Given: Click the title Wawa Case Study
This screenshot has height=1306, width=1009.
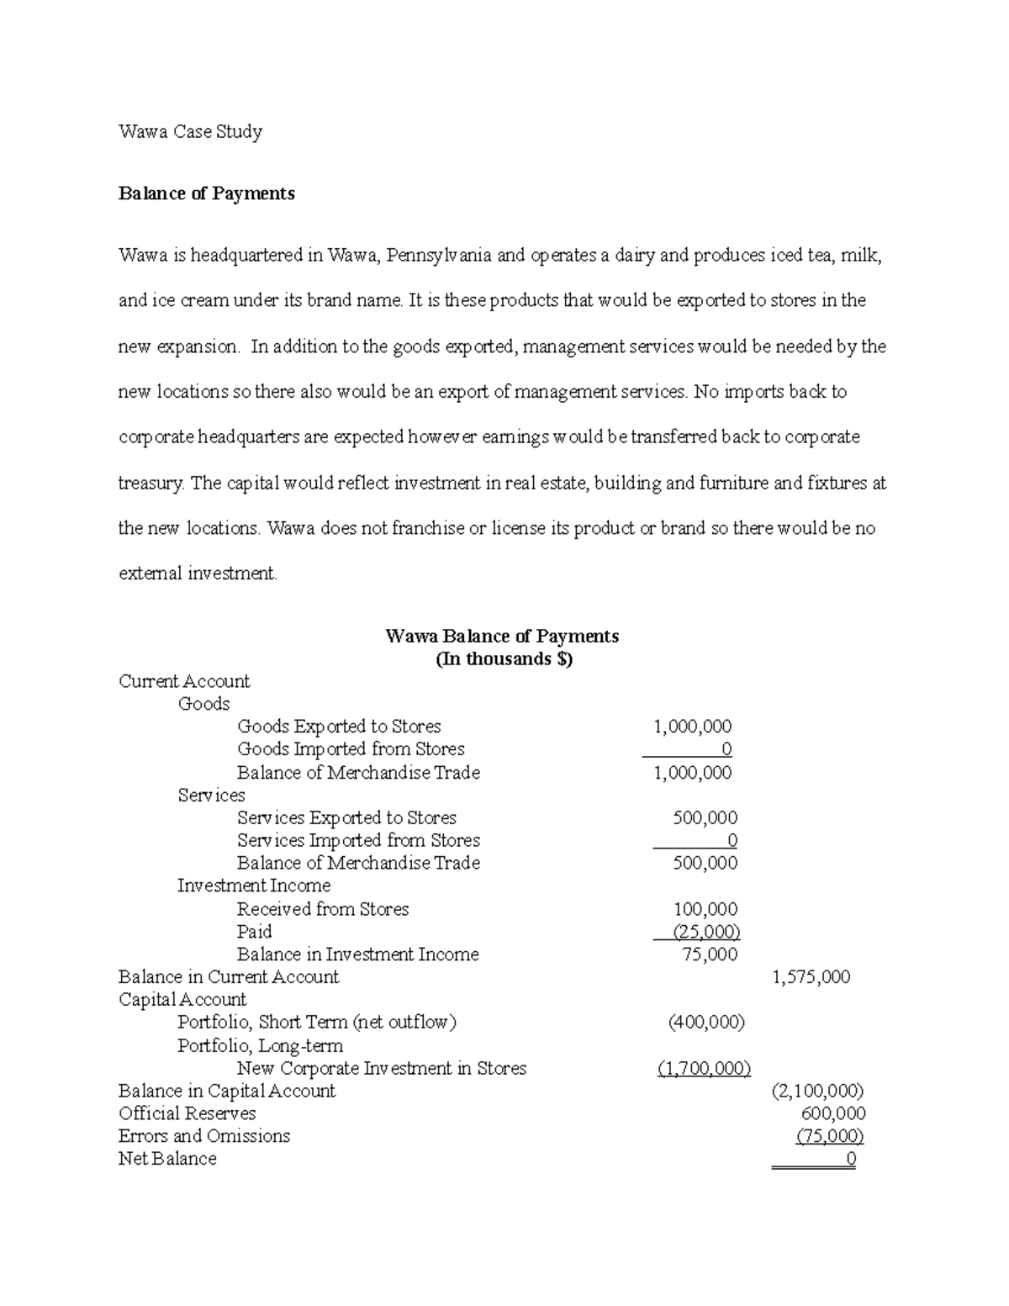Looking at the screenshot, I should point(190,131).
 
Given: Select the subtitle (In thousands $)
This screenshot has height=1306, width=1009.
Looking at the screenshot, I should point(503,658).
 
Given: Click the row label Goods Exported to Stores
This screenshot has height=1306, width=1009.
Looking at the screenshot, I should point(339,726).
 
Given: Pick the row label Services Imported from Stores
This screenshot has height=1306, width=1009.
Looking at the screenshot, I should point(358,840).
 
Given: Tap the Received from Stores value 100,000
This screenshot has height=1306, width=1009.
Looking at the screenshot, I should point(705,909).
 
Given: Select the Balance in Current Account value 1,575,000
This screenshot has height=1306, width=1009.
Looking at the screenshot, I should point(811,977).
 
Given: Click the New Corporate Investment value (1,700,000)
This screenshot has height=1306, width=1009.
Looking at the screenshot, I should point(704,1068).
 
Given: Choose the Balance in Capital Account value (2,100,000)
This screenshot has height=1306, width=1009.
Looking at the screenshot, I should point(816,1091).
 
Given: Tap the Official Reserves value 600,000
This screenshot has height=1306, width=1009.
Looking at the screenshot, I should point(833,1113).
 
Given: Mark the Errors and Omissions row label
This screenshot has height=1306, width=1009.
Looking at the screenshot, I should point(204,1136).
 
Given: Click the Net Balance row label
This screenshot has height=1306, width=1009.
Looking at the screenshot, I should point(167,1159).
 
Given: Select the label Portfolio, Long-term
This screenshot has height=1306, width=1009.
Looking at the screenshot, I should point(261,1045).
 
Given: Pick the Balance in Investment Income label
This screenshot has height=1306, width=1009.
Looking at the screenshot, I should point(357,954).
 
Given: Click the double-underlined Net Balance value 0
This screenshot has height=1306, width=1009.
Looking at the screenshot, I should point(850,1159).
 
